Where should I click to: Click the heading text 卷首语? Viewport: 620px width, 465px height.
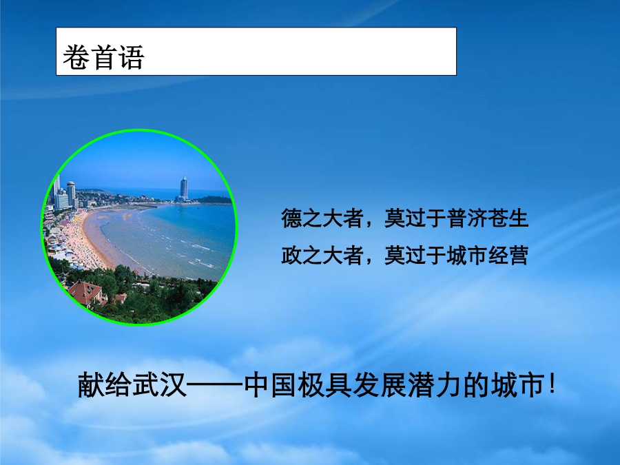click(x=103, y=57)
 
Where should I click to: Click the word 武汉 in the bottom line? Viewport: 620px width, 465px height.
click(x=159, y=384)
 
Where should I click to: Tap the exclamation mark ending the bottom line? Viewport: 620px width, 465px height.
click(x=552, y=384)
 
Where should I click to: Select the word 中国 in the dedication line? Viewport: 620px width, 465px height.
click(x=271, y=384)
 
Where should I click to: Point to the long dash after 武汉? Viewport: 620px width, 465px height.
click(x=215, y=384)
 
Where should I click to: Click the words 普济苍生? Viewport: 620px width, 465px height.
click(x=488, y=218)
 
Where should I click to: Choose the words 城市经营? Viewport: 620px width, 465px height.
click(x=488, y=255)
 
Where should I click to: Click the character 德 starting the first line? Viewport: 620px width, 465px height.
click(x=291, y=218)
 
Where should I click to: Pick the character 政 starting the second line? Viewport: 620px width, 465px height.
click(x=291, y=255)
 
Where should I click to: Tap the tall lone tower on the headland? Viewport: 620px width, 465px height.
click(x=184, y=188)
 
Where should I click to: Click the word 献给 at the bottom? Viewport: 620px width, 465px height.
click(x=105, y=384)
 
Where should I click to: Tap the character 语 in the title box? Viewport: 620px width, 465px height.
click(x=131, y=57)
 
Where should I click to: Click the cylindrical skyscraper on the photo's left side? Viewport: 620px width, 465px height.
click(x=71, y=194)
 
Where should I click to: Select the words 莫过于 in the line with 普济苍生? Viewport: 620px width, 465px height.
click(x=415, y=218)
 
